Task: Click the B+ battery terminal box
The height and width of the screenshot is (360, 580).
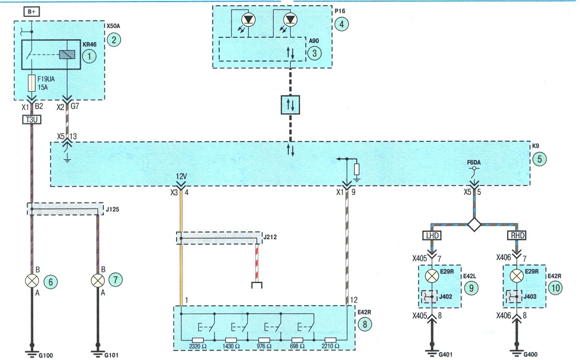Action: point(32,12)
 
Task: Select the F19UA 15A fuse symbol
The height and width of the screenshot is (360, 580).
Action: point(32,83)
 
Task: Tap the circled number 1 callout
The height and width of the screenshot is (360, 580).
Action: point(89,56)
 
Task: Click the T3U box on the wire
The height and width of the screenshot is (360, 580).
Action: point(32,120)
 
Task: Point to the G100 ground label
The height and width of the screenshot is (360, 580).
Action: point(46,356)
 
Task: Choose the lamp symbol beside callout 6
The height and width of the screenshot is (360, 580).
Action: point(32,281)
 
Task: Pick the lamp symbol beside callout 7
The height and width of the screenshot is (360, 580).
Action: point(98,281)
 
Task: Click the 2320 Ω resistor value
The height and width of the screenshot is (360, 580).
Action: point(198,347)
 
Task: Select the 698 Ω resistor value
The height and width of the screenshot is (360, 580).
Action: point(297,347)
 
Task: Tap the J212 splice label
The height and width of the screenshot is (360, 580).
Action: point(269,237)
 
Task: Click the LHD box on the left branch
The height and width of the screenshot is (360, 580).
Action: point(432,236)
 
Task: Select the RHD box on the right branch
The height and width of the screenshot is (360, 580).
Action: point(517,236)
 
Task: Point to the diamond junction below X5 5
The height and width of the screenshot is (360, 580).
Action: point(474,225)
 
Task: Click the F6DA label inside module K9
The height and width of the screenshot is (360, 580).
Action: point(474,162)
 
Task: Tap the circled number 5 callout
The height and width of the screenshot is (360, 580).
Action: point(539,159)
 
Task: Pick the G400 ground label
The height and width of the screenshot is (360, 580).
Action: point(530,355)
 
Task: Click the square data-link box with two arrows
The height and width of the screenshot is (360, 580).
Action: point(290,105)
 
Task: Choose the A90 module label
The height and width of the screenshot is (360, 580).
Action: point(314,41)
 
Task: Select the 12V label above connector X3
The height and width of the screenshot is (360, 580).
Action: point(181,177)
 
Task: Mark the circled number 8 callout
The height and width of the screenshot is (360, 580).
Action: point(365,325)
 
